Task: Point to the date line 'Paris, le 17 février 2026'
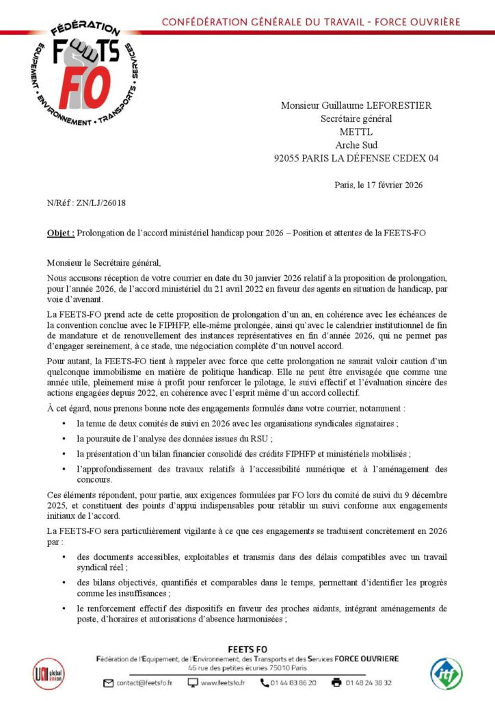click(x=379, y=184)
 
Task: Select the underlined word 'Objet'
click(x=59, y=233)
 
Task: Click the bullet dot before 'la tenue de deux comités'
click(x=64, y=424)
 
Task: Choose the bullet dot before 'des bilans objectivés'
click(x=64, y=583)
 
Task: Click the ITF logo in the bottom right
click(x=446, y=674)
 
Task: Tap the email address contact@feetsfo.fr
click(x=144, y=683)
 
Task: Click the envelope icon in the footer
click(x=108, y=683)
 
